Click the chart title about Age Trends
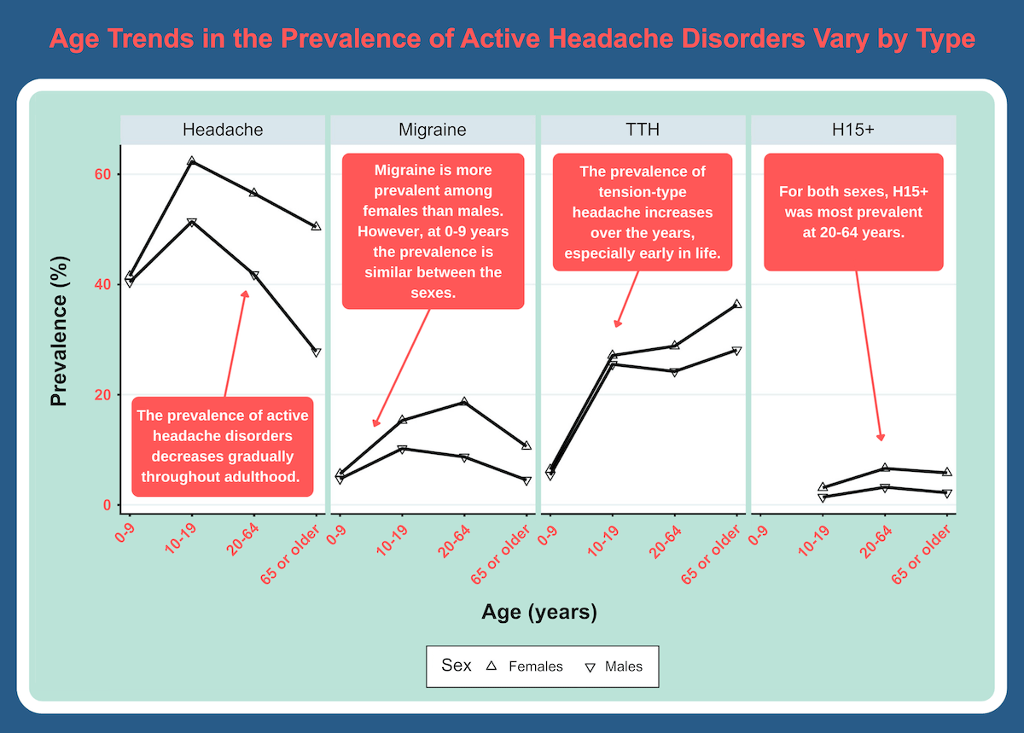(512, 39)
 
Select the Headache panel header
(223, 130)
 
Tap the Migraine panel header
(433, 130)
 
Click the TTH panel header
(643, 130)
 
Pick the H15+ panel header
(852, 130)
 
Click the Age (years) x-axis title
(538, 611)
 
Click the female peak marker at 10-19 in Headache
(192, 161)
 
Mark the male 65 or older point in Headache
(316, 352)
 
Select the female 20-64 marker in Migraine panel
(464, 401)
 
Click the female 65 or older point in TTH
(736, 304)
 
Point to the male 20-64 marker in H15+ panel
(884, 488)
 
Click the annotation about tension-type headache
(642, 212)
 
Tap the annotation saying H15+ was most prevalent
(853, 212)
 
